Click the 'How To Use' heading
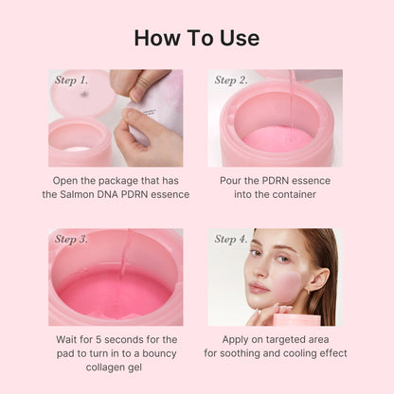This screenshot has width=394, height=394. [x=197, y=38]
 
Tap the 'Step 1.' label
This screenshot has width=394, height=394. [x=72, y=81]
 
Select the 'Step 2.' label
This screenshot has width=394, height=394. [x=231, y=81]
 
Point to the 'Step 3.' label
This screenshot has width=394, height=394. [x=72, y=239]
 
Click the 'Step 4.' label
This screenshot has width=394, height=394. [x=231, y=239]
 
